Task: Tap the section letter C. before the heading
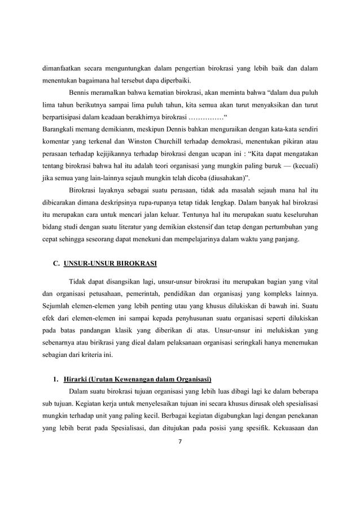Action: tap(56, 263)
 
